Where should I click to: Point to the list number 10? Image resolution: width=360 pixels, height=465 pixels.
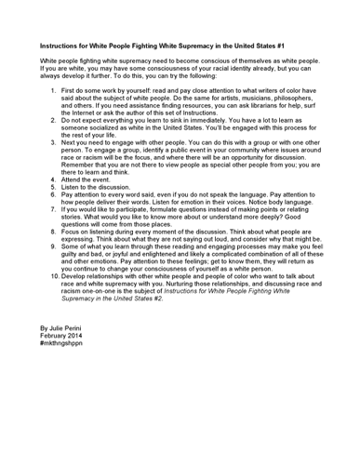(53, 276)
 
